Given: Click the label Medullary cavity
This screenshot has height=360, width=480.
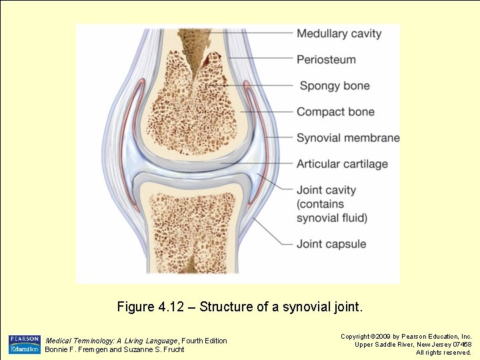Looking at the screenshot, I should click(x=339, y=33).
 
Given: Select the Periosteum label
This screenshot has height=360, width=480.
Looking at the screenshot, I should click(x=326, y=59).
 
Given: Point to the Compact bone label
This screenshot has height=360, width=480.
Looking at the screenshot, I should click(x=335, y=112).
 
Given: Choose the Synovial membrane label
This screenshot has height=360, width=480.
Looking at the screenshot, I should click(x=348, y=138).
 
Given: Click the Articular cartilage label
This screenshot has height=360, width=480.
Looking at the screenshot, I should click(x=342, y=164).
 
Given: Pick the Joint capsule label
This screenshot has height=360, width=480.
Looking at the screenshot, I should click(x=331, y=244).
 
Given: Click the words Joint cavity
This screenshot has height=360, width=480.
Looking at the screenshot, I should click(x=327, y=190).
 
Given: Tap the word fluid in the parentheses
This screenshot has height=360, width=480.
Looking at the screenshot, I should click(x=353, y=217).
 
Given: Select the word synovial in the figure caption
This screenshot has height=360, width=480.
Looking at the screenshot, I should click(x=306, y=307).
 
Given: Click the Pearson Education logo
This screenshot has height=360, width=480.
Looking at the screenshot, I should click(x=24, y=344).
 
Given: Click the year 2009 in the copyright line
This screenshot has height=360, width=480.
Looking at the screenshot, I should click(x=381, y=337).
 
